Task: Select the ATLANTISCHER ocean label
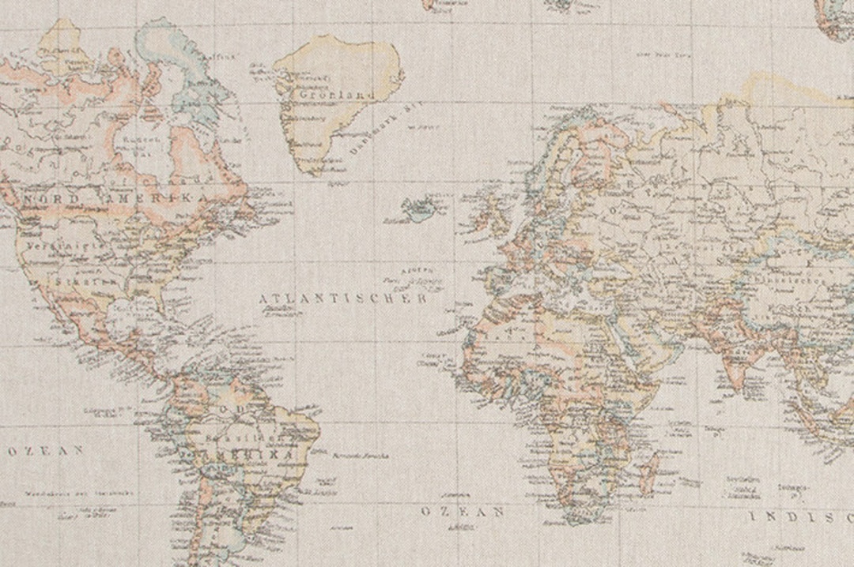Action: pyautogui.click(x=343, y=299)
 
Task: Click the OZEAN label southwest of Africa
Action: pyautogui.click(x=463, y=511)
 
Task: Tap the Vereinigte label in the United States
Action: pyautogui.click(x=55, y=246)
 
